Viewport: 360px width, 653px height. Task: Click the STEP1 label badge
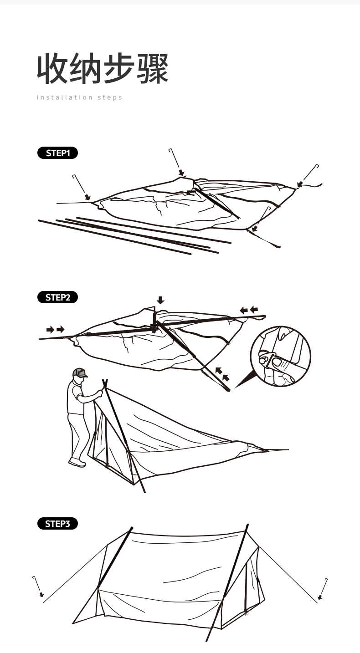click(x=57, y=153)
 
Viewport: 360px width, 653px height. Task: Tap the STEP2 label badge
click(x=57, y=297)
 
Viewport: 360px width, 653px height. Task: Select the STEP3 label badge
click(x=57, y=523)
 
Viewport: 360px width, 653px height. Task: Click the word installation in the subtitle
click(x=64, y=97)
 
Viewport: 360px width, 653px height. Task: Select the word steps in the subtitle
click(x=110, y=97)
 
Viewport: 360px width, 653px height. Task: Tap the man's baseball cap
click(x=79, y=372)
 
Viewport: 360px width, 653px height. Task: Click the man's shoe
click(x=77, y=463)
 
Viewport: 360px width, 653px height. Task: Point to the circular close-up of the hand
click(x=280, y=356)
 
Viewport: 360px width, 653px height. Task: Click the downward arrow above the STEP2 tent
click(x=160, y=300)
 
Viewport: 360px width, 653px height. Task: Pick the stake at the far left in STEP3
click(x=37, y=586)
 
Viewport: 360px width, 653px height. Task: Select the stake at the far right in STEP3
click(x=324, y=587)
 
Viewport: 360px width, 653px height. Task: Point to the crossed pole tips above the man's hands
click(x=105, y=383)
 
